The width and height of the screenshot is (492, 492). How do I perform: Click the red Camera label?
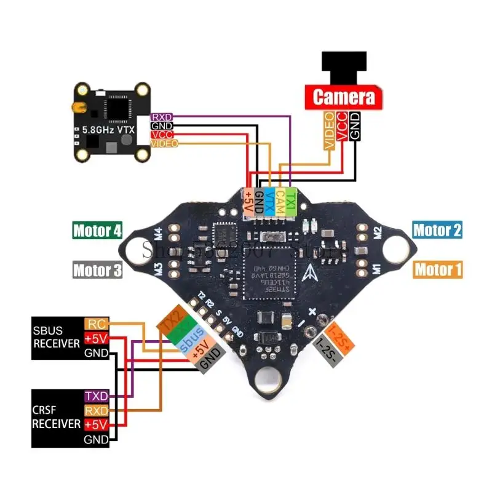pyautogui.click(x=343, y=97)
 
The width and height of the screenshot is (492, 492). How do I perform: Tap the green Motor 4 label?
pyautogui.click(x=97, y=231)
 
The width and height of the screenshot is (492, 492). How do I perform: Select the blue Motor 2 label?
pyautogui.click(x=437, y=230)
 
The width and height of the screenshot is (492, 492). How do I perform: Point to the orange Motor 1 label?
pyautogui.click(x=438, y=269)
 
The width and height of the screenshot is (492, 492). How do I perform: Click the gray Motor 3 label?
pyautogui.click(x=97, y=270)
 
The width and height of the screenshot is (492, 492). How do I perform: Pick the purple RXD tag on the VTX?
pyautogui.click(x=162, y=117)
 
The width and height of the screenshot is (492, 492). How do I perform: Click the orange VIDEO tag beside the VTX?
pyautogui.click(x=164, y=143)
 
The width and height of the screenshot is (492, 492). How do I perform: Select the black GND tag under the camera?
pyautogui.click(x=354, y=127)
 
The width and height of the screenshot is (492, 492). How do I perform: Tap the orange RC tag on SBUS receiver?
pyautogui.click(x=95, y=324)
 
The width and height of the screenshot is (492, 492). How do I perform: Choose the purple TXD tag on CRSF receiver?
pyautogui.click(x=96, y=397)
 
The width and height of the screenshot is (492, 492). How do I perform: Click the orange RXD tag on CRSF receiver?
pyautogui.click(x=96, y=410)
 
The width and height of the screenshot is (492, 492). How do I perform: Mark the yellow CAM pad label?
pyautogui.click(x=279, y=202)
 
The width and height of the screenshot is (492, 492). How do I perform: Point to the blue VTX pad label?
pyautogui.click(x=269, y=202)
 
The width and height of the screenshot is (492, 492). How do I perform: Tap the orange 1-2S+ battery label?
pyautogui.click(x=339, y=335)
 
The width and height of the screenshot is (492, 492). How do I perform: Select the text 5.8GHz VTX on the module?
pyautogui.click(x=108, y=130)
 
